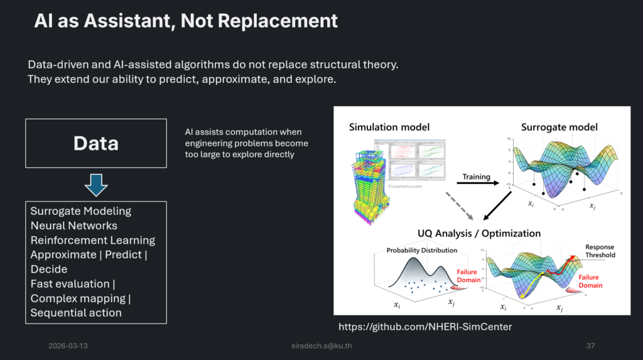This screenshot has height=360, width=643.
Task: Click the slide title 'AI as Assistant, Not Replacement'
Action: pos(186,21)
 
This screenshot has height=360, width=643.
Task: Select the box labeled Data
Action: pos(95,143)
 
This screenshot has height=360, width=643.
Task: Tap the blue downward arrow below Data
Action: pos(96,186)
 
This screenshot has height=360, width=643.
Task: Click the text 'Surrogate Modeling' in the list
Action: pos(81,211)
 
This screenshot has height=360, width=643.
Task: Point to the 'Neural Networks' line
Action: pos(74,226)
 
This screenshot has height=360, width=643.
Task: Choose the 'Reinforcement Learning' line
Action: pos(93,240)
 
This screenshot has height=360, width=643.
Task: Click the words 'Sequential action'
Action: pos(76,312)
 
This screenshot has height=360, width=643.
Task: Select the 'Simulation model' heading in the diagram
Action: pos(389,128)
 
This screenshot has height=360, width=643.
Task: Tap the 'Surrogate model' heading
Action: pos(559,128)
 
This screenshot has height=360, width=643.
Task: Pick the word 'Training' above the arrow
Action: pos(476,176)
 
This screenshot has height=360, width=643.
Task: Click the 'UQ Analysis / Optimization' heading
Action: pos(480,233)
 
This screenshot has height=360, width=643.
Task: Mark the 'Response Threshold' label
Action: pos(600,251)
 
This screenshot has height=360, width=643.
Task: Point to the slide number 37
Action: pos(590,346)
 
